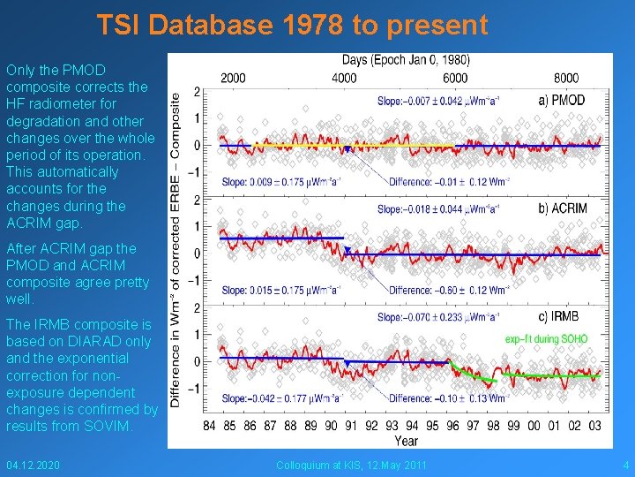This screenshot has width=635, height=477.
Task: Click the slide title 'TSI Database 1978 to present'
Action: [292, 26]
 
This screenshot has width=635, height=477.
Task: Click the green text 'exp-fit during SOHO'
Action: [546, 338]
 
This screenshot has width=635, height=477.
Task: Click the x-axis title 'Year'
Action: [406, 441]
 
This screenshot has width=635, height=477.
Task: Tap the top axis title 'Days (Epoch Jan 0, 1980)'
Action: [405, 60]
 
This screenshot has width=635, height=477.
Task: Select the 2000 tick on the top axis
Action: [233, 78]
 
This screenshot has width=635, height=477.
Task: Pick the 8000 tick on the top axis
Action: [565, 78]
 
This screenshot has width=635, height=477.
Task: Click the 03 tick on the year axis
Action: [596, 426]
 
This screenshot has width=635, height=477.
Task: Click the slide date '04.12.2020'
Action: [34, 465]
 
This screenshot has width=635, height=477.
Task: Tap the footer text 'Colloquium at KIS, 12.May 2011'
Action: [351, 465]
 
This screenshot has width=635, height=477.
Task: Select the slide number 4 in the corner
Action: [625, 465]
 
